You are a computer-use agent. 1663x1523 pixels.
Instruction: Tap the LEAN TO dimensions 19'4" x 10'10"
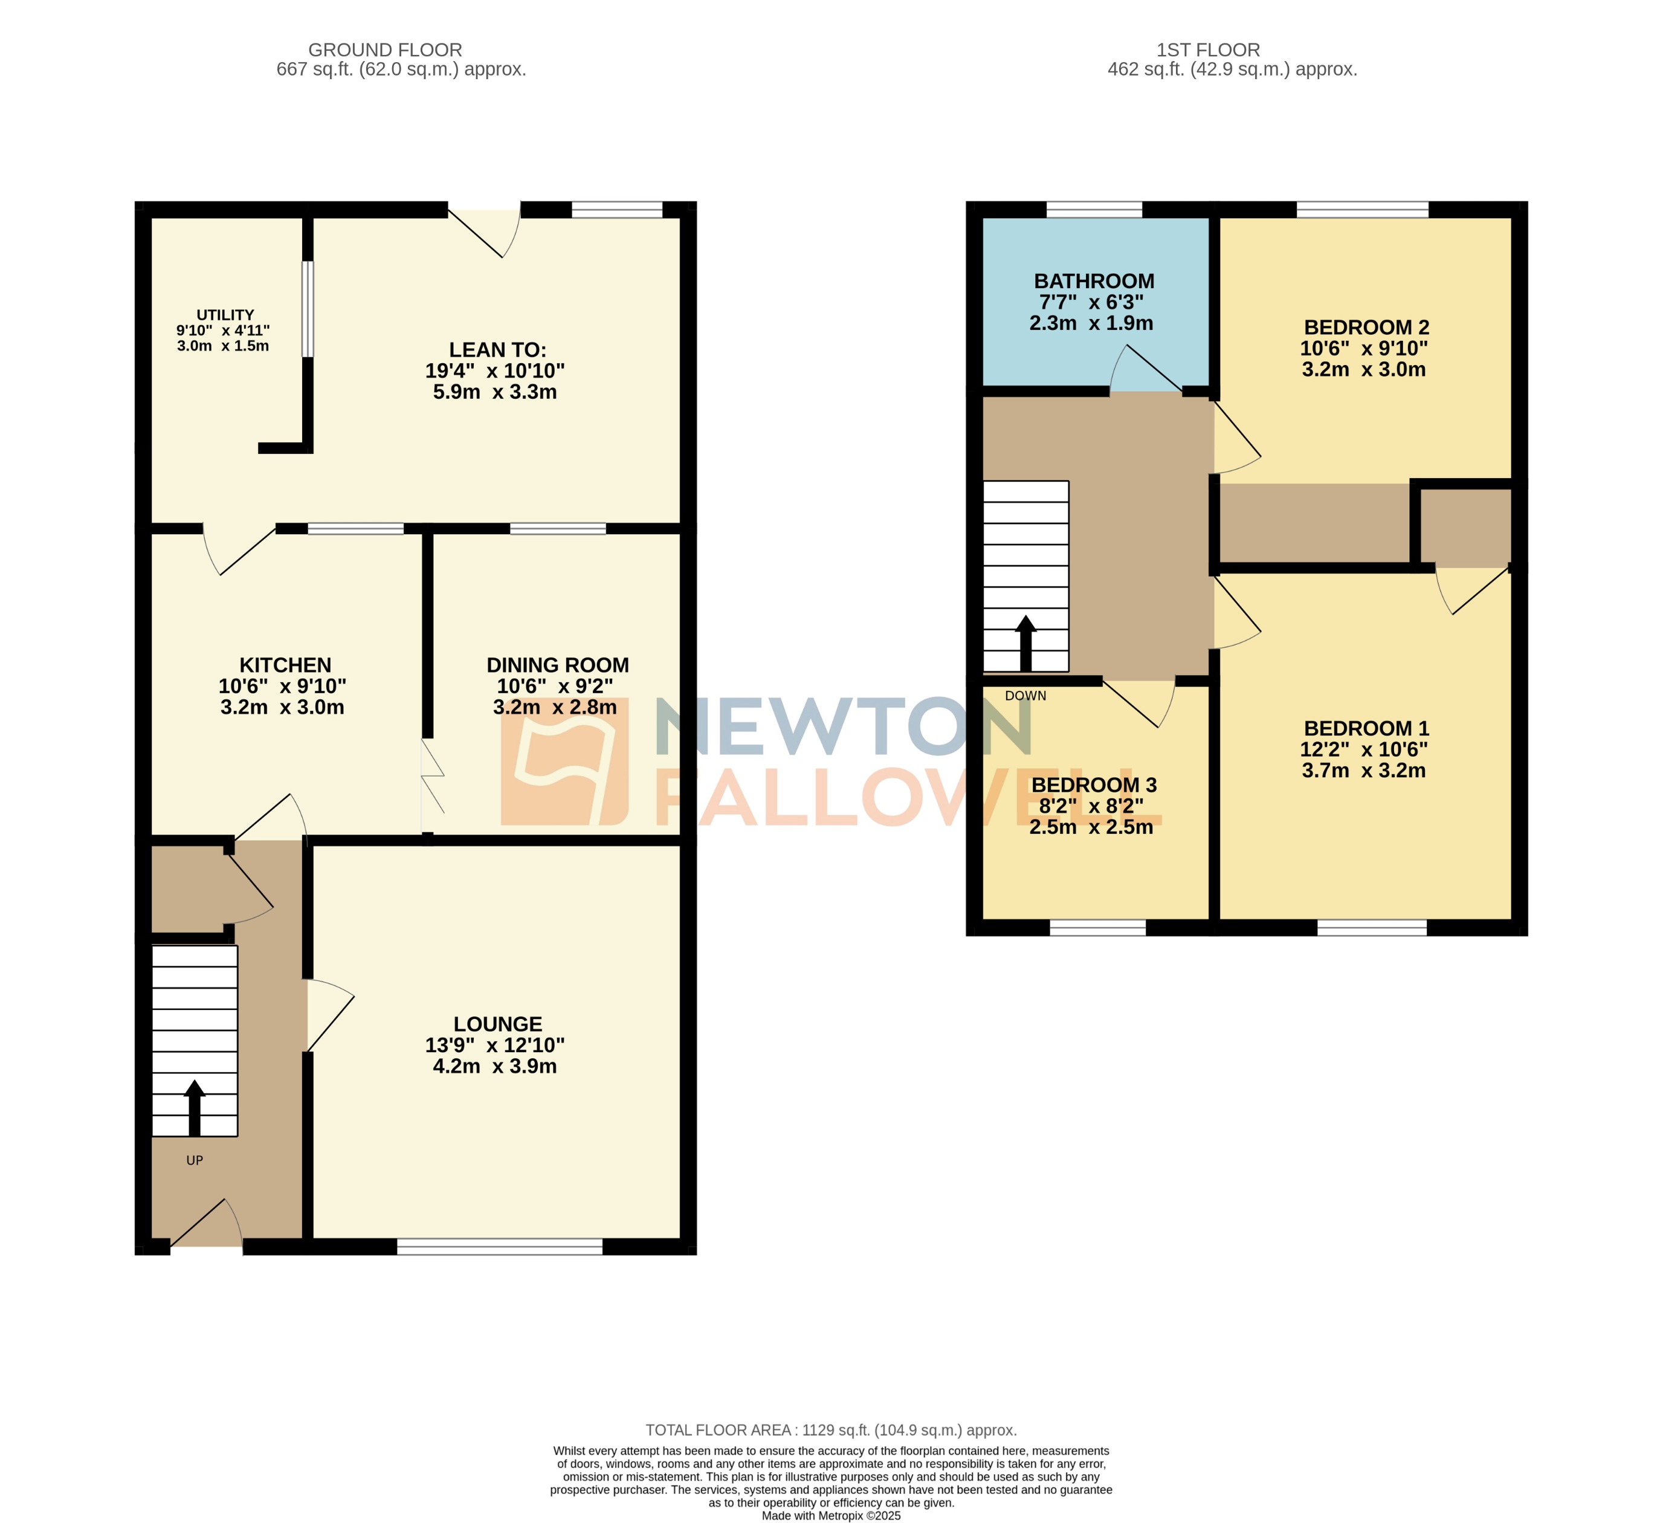pyautogui.click(x=495, y=371)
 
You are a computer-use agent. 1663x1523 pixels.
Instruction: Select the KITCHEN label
pyautogui.click(x=285, y=665)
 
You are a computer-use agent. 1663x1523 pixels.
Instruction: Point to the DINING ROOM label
pyautogui.click(x=558, y=665)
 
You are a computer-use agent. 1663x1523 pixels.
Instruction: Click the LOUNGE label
pyautogui.click(x=497, y=1024)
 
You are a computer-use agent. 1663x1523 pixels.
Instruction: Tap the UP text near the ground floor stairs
pyautogui.click(x=195, y=1160)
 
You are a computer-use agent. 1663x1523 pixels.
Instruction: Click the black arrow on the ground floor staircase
pyautogui.click(x=195, y=1107)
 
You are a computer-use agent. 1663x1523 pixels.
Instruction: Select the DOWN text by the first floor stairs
pyautogui.click(x=1025, y=696)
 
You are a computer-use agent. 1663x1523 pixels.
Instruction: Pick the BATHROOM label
pyautogui.click(x=1094, y=282)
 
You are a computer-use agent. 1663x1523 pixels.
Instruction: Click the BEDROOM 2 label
pyautogui.click(x=1366, y=328)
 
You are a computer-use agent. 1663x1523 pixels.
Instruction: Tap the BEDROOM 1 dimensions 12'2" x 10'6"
pyautogui.click(x=1363, y=749)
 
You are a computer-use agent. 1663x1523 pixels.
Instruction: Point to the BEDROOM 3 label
pyautogui.click(x=1094, y=784)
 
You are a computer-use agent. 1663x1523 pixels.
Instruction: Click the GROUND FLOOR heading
pyautogui.click(x=385, y=50)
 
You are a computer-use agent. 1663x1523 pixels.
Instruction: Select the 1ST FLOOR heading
pyautogui.click(x=1207, y=50)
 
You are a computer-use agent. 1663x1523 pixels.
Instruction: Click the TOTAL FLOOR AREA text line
pyautogui.click(x=831, y=1430)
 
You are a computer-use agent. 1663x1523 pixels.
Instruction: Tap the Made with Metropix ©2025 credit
pyautogui.click(x=831, y=1516)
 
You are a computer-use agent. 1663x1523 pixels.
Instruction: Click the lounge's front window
pyautogui.click(x=500, y=1247)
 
